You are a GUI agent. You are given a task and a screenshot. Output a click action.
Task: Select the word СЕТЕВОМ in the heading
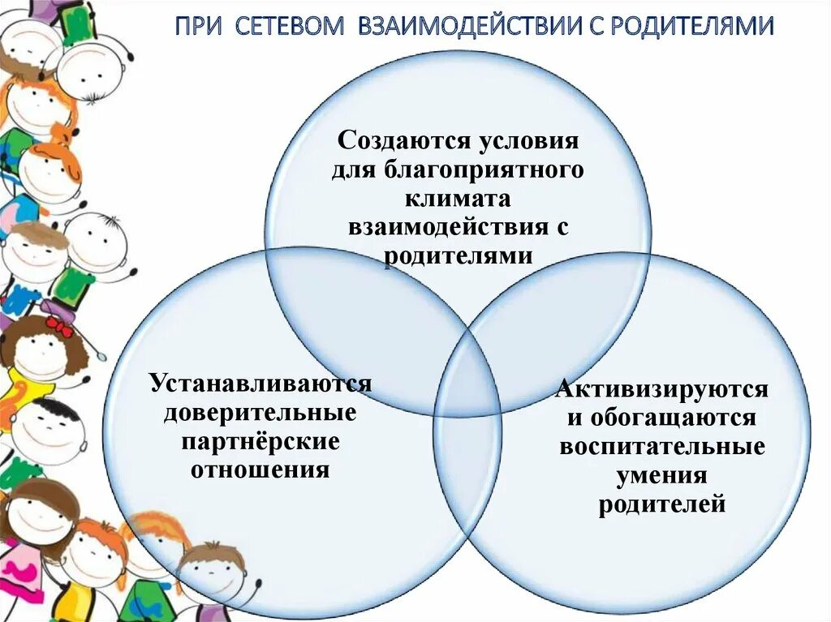(287, 27)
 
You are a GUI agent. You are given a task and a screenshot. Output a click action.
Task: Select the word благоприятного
(490, 170)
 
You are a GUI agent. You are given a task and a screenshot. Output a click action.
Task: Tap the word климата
(459, 199)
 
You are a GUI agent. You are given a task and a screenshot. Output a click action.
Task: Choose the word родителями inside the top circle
(459, 256)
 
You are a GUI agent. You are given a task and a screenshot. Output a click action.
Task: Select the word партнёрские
(260, 442)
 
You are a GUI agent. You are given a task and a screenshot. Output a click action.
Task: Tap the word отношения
(260, 470)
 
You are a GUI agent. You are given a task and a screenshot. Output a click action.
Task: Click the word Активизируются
(662, 389)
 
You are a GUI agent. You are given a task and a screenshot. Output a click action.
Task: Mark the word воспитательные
(662, 448)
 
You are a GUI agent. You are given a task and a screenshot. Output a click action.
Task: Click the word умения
(662, 476)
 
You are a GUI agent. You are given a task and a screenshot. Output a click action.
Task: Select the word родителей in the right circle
(662, 505)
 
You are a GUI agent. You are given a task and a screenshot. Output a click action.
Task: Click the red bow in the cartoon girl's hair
(58, 325)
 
